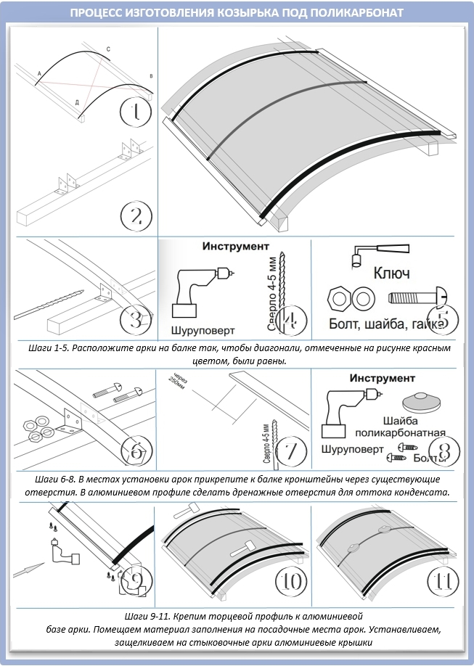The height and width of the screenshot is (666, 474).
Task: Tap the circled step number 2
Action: tap(136, 215)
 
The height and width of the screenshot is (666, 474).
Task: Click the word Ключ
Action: tap(391, 274)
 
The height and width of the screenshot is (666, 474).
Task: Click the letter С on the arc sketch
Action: tap(108, 49)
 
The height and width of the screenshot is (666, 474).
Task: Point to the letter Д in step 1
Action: tap(77, 103)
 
